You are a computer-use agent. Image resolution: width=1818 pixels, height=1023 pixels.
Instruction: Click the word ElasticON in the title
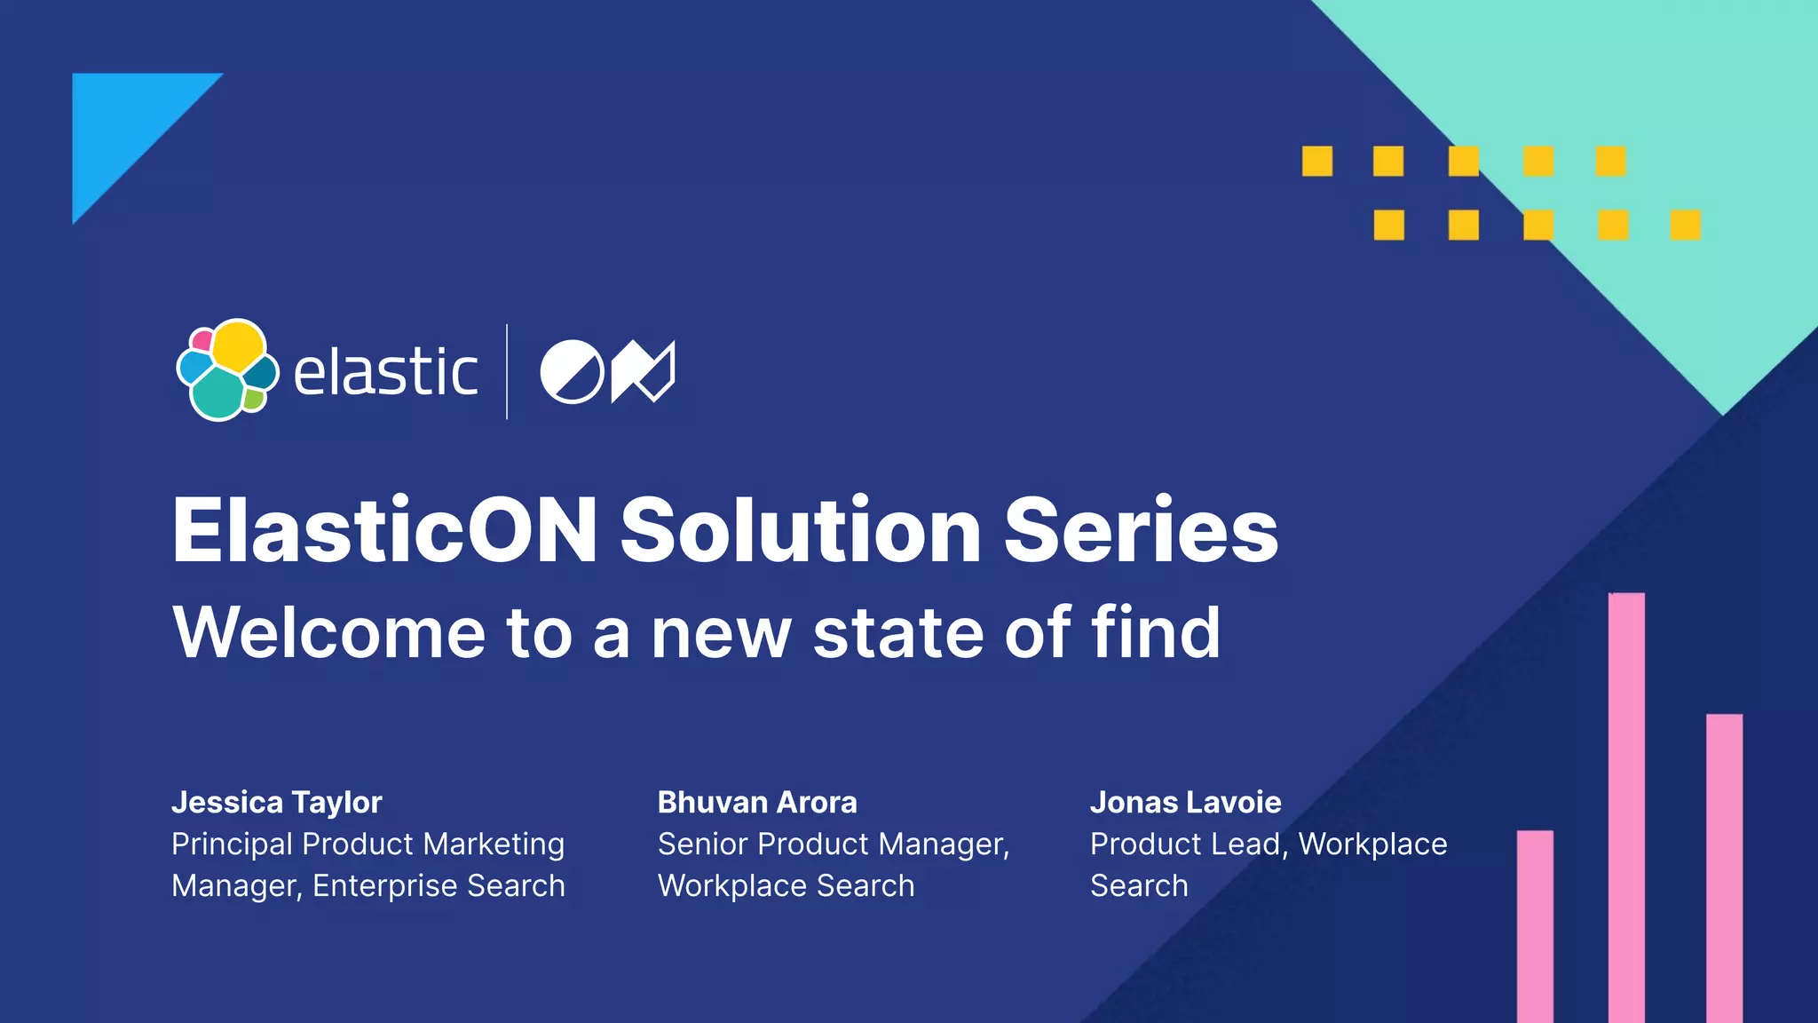click(x=384, y=530)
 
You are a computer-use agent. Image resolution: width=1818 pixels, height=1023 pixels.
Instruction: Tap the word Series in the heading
click(x=1141, y=530)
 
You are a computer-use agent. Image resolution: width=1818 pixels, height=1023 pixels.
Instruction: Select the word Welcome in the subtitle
click(x=328, y=632)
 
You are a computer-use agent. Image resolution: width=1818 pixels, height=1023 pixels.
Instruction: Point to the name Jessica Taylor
click(x=276, y=802)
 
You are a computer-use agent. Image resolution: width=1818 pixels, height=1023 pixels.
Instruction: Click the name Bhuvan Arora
click(x=756, y=802)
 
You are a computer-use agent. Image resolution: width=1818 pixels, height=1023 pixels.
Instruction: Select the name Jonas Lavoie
click(x=1185, y=802)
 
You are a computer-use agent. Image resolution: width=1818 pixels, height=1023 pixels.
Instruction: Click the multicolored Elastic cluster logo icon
click(x=227, y=369)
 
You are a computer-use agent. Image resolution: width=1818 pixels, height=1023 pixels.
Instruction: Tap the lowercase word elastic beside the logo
click(x=385, y=372)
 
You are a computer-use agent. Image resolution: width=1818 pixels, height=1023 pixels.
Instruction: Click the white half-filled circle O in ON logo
click(x=572, y=371)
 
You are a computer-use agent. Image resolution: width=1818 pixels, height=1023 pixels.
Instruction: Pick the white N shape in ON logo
click(x=643, y=371)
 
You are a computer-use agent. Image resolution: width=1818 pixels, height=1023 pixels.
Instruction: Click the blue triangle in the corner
click(x=124, y=124)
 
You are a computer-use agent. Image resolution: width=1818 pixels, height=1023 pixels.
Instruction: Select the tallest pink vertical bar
click(x=1626, y=807)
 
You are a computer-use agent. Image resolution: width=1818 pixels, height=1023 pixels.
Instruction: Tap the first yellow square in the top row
click(x=1317, y=162)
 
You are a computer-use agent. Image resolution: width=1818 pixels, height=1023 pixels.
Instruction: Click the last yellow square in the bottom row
click(x=1685, y=225)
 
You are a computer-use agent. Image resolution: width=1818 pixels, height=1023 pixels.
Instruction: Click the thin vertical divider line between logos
click(x=507, y=371)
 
